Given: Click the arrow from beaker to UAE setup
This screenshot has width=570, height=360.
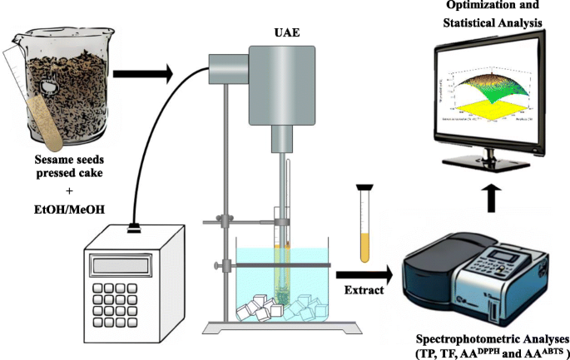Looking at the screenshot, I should pos(141,76).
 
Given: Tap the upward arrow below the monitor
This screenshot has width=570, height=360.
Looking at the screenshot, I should pos(494,196).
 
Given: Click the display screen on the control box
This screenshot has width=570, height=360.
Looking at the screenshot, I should pos(121,264).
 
